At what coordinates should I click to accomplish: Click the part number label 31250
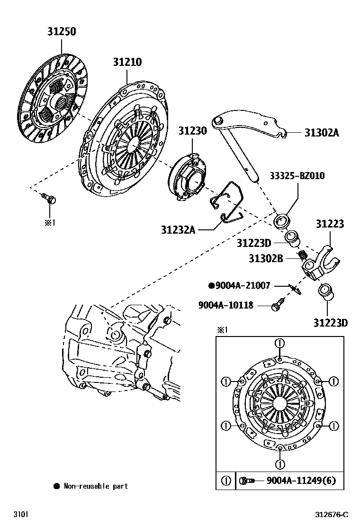coord(61,32)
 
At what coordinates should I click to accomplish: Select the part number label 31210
coord(127,62)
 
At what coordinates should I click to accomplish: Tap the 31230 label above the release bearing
coord(192,131)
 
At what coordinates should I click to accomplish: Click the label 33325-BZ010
coord(297,176)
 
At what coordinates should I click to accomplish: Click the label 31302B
coord(266,258)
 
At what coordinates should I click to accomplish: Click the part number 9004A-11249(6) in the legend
coord(301,481)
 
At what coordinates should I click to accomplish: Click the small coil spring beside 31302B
coord(300,256)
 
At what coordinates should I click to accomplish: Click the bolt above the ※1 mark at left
coord(47,199)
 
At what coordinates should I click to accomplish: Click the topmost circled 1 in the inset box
coord(280,343)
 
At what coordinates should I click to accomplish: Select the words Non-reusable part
coord(96,486)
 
